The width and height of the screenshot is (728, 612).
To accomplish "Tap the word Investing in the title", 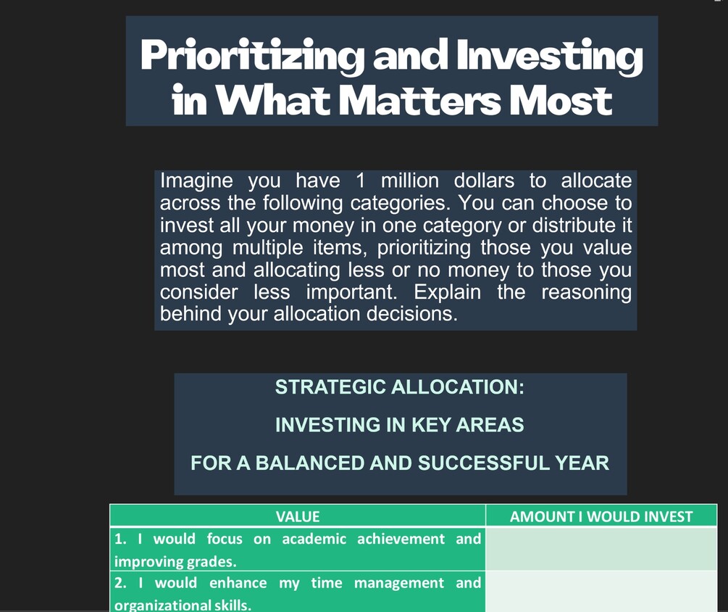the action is [549, 57].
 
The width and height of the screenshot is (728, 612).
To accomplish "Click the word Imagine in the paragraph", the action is [196, 181].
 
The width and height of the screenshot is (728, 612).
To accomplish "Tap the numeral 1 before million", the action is [360, 181].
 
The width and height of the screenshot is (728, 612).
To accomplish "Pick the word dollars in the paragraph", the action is [484, 181].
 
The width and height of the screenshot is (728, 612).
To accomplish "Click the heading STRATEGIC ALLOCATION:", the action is [400, 387].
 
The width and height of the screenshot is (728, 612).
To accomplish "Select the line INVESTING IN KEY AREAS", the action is [400, 425].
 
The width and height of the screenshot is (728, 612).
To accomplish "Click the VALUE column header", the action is [298, 517].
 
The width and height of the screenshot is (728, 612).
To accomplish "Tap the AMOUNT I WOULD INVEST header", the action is [601, 517].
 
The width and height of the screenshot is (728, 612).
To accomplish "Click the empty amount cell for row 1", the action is [601, 549].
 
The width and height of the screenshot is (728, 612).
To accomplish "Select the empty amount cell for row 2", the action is [601, 592].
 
